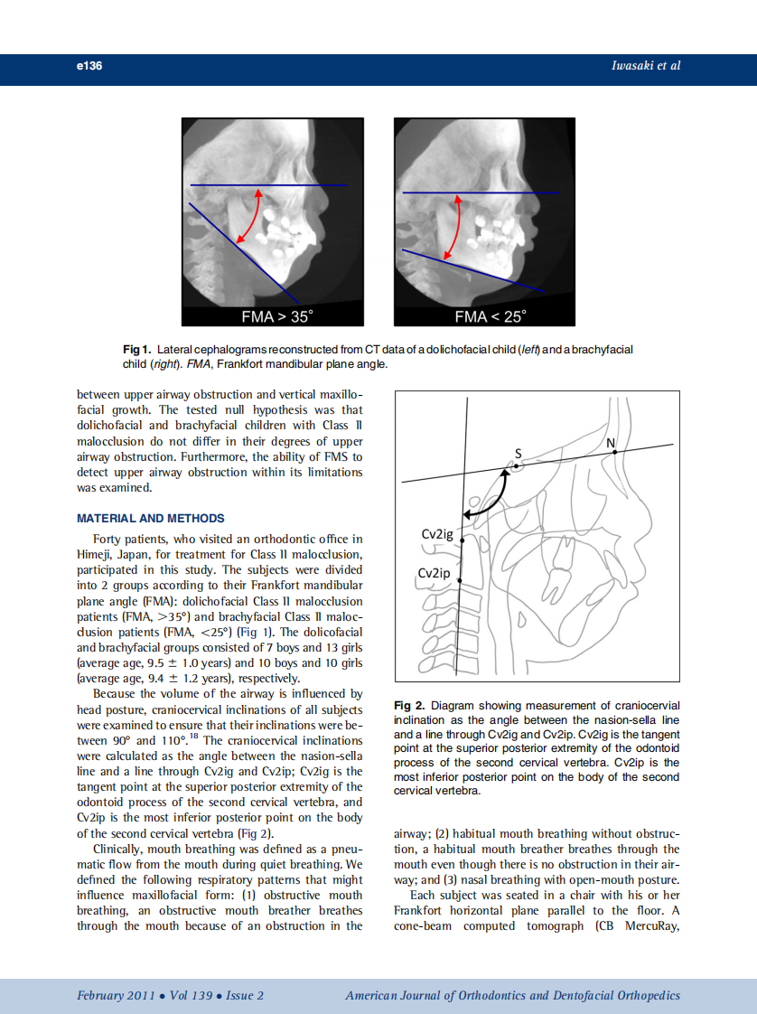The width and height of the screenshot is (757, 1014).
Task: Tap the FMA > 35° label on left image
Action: point(276,316)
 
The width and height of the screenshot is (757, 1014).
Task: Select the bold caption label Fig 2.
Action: point(409,705)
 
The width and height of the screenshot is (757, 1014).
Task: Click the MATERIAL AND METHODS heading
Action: point(151,519)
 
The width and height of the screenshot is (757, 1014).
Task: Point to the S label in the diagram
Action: point(519,453)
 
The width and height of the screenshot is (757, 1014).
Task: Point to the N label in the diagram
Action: point(611,441)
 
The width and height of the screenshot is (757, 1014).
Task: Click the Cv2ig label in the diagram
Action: point(437,534)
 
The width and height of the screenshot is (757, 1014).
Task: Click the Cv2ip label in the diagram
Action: point(434,574)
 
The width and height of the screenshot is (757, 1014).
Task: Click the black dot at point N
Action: point(614,451)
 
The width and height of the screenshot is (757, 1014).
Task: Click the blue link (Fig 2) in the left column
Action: point(254,833)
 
